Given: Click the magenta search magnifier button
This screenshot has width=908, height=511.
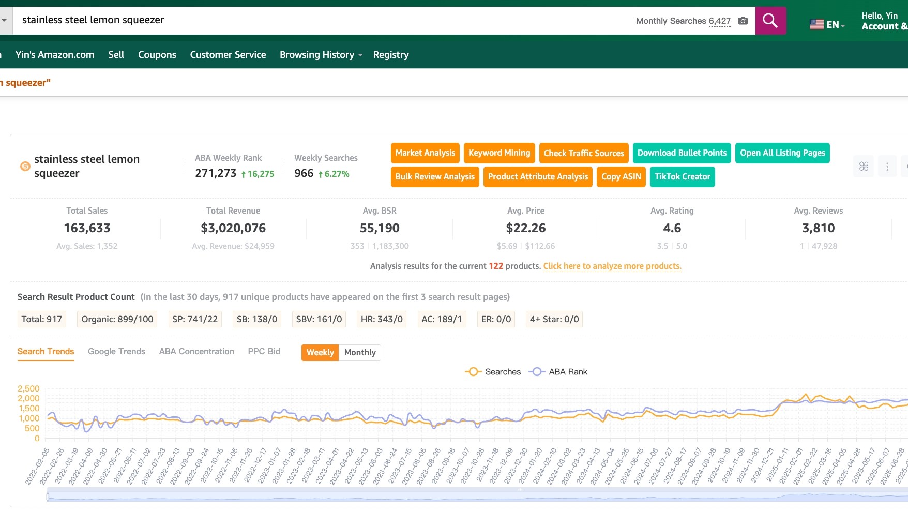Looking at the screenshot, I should (770, 21).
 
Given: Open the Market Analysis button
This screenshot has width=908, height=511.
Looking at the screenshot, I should (425, 153).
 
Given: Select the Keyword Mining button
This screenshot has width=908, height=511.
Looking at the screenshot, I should (499, 153).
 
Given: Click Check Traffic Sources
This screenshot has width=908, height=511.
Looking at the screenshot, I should (584, 153).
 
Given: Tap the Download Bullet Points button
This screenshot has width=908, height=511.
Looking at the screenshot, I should (682, 153).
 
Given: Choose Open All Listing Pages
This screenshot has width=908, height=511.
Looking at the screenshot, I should (782, 153).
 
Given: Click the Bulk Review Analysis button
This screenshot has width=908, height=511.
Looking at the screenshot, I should (435, 177).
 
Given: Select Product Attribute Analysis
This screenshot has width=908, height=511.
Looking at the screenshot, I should (538, 177).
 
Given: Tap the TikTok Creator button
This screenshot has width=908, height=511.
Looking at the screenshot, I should (682, 177).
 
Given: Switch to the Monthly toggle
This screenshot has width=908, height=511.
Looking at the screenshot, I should (360, 353).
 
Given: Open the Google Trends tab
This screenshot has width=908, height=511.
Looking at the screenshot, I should (116, 352).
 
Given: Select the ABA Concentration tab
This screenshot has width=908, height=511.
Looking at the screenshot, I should (196, 352).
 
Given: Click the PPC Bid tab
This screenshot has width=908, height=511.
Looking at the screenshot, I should (264, 352).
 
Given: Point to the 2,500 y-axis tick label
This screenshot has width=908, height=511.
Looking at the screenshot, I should (28, 389).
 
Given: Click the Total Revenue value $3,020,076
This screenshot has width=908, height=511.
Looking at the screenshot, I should (233, 228).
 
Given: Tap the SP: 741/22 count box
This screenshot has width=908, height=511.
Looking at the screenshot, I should (195, 319).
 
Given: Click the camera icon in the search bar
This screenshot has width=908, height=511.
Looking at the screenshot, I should (743, 21).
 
